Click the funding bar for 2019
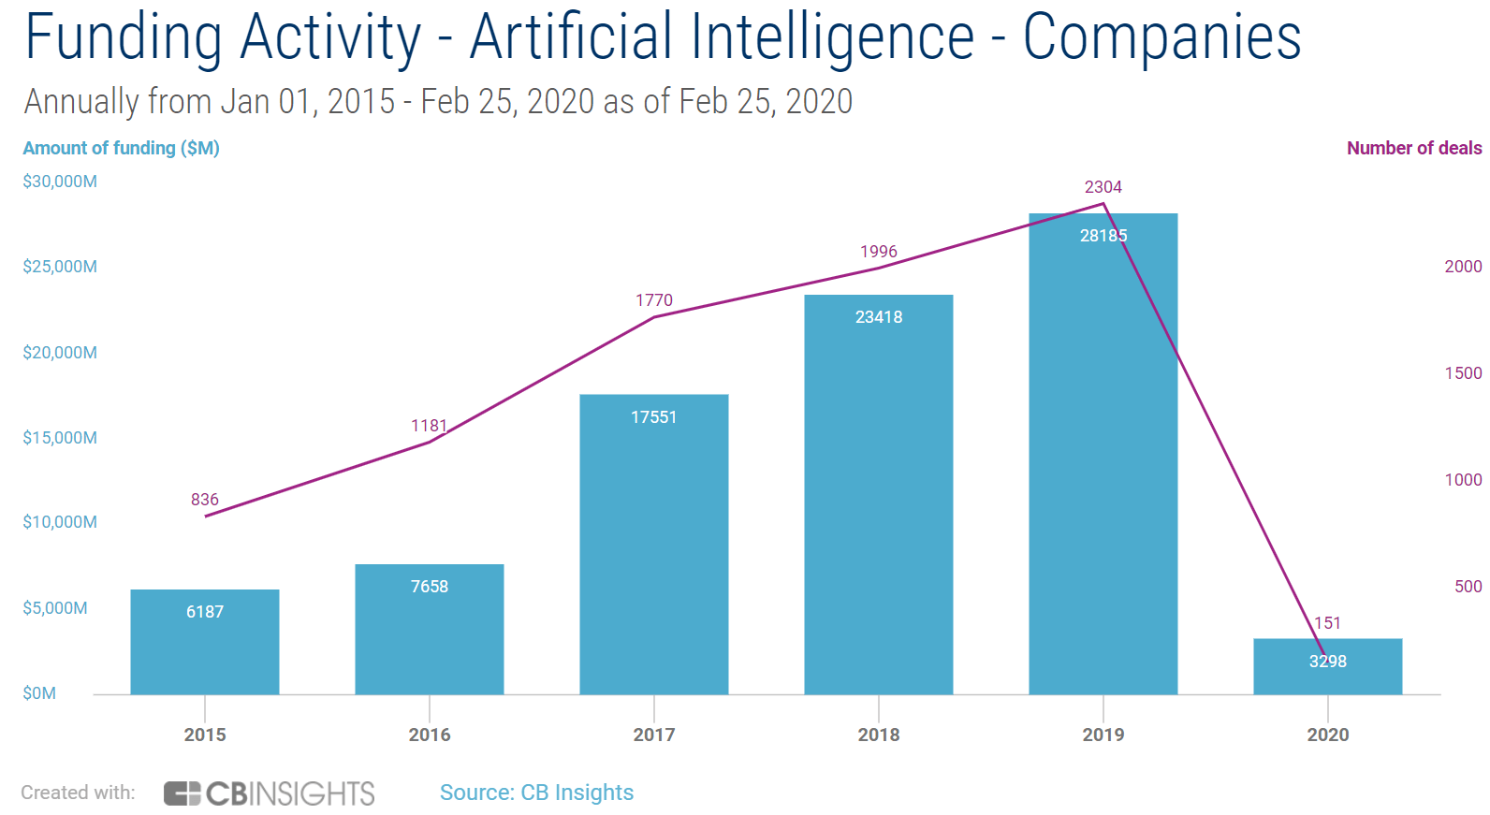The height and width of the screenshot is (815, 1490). tap(1103, 468)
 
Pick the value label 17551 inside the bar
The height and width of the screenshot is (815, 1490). tap(653, 417)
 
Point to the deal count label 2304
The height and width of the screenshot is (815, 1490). tap(1103, 187)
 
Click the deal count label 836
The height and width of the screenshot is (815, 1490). tap(204, 500)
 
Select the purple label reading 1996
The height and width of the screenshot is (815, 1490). tap(878, 252)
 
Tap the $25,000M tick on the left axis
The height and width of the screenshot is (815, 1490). tap(60, 267)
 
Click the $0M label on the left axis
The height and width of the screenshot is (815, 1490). tap(39, 693)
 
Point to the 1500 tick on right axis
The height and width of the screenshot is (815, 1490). tap(1463, 373)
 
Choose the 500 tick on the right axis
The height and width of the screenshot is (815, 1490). tap(1468, 587)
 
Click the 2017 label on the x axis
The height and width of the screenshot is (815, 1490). tap(653, 735)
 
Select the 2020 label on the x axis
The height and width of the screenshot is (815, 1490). tap(1327, 735)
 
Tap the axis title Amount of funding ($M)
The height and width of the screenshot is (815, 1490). tap(121, 148)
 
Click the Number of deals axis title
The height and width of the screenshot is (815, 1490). tap(1413, 148)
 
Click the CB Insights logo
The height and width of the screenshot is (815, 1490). tap(270, 793)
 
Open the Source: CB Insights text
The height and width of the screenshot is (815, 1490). tap(536, 793)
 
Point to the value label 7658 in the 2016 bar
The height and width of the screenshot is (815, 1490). tap(429, 587)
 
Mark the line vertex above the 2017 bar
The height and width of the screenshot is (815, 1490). tap(653, 317)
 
